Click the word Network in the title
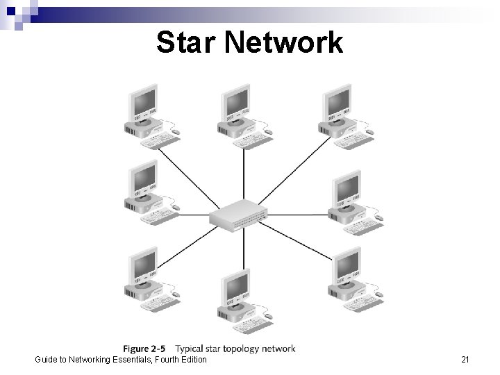tap(283, 42)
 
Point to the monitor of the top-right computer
tap(340, 103)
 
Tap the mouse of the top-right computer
tap(369, 131)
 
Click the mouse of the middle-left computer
tap(175, 207)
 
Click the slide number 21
tap(465, 359)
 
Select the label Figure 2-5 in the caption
tap(147, 349)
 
